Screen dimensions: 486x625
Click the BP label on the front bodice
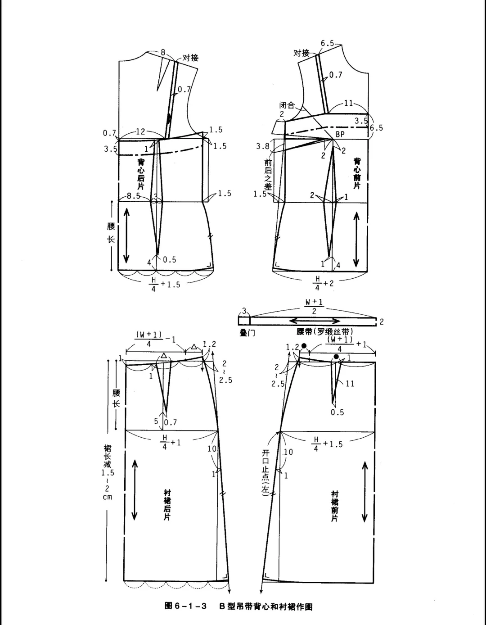coord(340,134)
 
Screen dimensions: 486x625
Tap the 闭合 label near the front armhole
coord(287,105)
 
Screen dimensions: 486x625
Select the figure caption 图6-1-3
coord(185,606)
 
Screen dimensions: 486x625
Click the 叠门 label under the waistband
coord(247,333)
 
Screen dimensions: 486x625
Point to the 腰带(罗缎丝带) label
coord(325,331)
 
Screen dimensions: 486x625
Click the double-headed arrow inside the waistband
coord(315,321)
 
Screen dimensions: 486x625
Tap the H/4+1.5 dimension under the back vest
coord(165,285)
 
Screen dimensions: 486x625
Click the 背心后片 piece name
coord(141,174)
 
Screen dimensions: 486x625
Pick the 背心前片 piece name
coord(357,173)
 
